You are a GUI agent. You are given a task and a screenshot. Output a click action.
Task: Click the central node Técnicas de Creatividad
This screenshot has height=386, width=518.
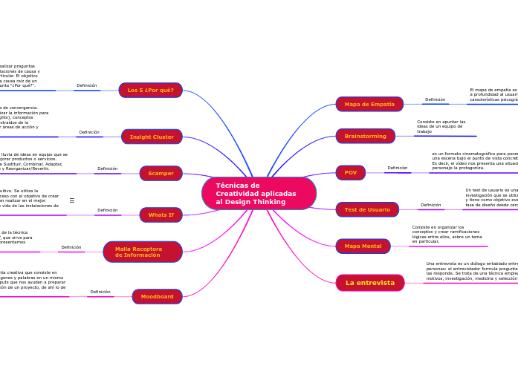[x=259, y=194]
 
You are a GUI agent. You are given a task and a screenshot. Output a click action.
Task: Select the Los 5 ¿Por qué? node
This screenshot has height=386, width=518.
[x=150, y=91]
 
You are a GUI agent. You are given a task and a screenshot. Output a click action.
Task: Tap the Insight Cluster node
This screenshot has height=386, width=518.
[x=152, y=137]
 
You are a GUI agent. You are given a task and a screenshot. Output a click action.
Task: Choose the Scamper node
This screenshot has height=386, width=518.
[x=161, y=173]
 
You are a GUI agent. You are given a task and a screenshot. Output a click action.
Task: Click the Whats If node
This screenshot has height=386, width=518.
[x=161, y=215]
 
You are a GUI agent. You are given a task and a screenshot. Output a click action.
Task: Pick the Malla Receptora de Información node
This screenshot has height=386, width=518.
[x=142, y=252]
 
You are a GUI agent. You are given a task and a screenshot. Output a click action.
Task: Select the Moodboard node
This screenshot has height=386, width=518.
[x=157, y=297]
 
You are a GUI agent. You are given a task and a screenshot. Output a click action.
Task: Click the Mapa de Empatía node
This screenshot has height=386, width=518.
[x=369, y=104]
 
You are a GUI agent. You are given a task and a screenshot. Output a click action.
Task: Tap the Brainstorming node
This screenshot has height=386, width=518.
[x=365, y=136]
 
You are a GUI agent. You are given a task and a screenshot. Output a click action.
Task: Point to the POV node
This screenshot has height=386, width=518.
[x=351, y=173]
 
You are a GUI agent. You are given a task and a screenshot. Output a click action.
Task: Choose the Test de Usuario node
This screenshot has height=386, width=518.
[x=367, y=209]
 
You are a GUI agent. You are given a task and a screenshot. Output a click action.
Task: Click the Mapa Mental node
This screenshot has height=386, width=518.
[x=363, y=246]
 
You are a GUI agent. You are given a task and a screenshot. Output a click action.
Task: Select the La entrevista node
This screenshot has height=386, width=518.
[x=370, y=283]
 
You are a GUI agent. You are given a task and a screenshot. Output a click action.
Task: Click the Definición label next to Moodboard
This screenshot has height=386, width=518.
[x=100, y=292]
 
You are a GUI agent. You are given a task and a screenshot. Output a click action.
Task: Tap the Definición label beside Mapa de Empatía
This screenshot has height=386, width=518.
[x=436, y=99]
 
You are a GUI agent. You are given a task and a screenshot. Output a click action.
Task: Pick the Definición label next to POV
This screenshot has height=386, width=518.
[x=398, y=168]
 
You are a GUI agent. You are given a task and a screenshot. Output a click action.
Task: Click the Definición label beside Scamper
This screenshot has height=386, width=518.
[x=108, y=169]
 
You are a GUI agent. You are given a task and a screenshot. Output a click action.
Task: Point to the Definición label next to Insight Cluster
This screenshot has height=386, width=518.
[x=89, y=132]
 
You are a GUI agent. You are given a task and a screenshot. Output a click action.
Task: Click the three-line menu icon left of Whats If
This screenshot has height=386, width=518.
[x=72, y=200]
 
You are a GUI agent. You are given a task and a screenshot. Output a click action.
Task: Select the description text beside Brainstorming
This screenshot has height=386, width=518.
[x=441, y=126]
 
